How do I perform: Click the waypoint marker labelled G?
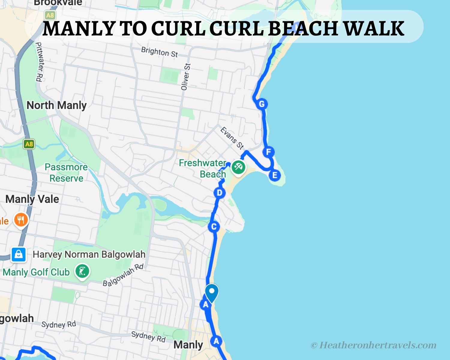[262, 104]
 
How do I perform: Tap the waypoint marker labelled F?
[268, 152]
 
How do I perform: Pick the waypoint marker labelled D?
[220, 193]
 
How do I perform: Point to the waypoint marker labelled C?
[214, 227]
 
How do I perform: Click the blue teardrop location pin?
[212, 293]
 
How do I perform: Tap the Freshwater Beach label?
[203, 168]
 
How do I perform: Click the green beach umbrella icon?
[238, 167]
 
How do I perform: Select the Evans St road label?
[232, 138]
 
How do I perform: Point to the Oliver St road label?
[185, 77]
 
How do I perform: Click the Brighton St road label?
[160, 52]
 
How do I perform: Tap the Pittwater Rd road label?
[39, 61]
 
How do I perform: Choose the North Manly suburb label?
[57, 105]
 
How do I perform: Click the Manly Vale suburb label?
[32, 199]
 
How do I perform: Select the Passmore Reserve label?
[66, 172]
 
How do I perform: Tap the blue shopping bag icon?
[19, 254]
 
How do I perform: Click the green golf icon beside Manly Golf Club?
[82, 271]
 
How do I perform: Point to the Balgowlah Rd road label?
[123, 275]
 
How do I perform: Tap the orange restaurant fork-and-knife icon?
[21, 220]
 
